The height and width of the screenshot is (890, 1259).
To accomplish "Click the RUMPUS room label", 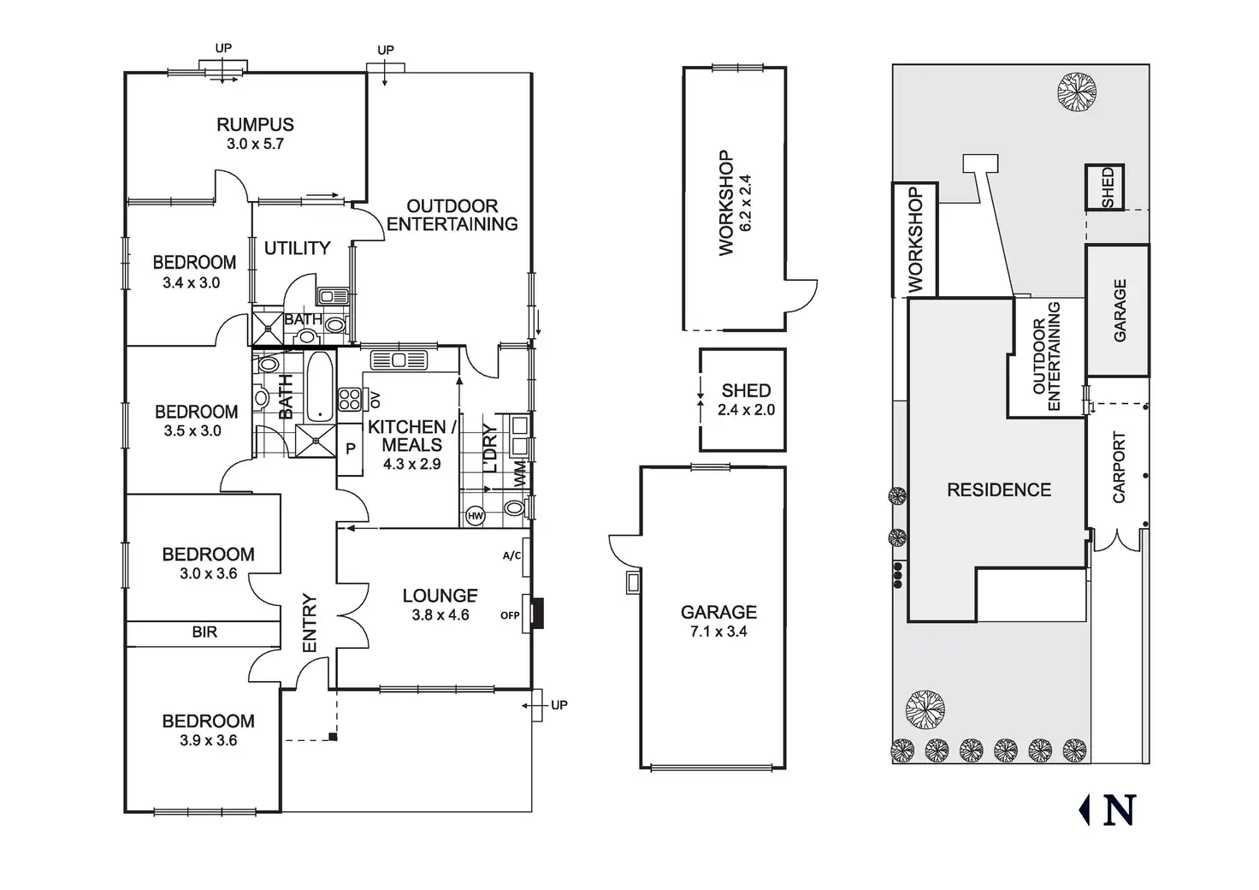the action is pos(255,124).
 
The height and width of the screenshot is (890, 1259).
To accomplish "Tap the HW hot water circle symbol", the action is pos(476,515).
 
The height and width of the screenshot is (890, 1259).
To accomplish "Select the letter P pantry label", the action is pos(351,448).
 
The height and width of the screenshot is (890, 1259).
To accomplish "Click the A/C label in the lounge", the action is pos(511,556).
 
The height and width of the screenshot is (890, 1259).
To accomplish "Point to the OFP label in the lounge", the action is pos(510,615).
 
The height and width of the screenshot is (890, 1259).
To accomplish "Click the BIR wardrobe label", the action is pos(204,632).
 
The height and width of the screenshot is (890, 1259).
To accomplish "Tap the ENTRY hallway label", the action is pos(310,623).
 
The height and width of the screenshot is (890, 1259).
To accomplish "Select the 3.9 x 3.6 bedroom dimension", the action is pos(209,740).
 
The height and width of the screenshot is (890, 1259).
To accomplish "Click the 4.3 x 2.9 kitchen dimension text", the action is pos(412,465).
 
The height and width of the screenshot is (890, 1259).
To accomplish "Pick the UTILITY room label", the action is pos(298,248).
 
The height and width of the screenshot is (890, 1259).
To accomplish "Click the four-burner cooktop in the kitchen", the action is pos(350,399).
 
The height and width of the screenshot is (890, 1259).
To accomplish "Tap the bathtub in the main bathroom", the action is pos(320,387).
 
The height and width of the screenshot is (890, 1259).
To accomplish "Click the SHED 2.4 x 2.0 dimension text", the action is pos(747,410).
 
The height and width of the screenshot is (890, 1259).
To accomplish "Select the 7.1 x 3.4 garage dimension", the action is pos(718,632).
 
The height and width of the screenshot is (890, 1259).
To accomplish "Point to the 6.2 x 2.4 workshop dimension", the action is pos(746,203).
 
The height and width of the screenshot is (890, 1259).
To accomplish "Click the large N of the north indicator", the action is pos(1120,810).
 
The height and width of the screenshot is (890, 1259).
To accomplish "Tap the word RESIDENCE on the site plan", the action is pos(999,489).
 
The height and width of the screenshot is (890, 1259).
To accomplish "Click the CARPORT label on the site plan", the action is pos(1119,467).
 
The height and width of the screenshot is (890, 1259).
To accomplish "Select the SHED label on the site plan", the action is pos(1107,188).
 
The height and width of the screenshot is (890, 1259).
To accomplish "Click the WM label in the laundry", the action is pos(521,473).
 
